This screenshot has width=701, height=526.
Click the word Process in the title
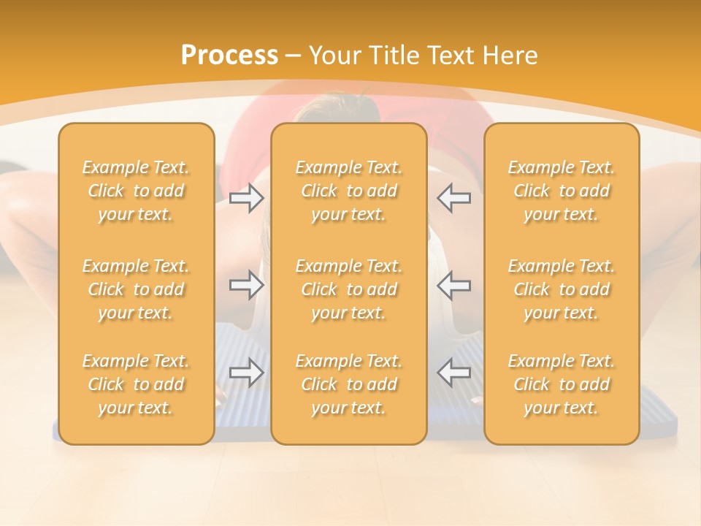pos(229,56)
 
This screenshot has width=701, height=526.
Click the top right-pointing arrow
pos(246,198)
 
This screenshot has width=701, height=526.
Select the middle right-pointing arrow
pos(246,285)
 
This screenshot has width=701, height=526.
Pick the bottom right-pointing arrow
pos(246,373)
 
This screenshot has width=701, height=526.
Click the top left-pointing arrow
pos(454,198)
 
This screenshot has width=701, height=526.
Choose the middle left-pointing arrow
pos(454,285)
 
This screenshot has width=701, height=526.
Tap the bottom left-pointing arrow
pos(454,373)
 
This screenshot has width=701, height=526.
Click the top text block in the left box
pos(136,191)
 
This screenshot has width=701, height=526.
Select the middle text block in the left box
pos(136,289)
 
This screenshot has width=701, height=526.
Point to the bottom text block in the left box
pos(136,384)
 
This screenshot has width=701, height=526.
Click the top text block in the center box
pos(349,191)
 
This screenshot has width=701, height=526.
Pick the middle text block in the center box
pos(349,289)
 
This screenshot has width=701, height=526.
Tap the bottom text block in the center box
pos(349,384)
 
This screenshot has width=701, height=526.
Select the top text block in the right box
pos(562,191)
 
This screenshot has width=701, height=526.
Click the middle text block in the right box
pos(562,289)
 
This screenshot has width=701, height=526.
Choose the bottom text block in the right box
pos(562,384)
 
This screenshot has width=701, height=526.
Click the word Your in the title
pos(333,56)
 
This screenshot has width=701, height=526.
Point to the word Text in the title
pos(446,56)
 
